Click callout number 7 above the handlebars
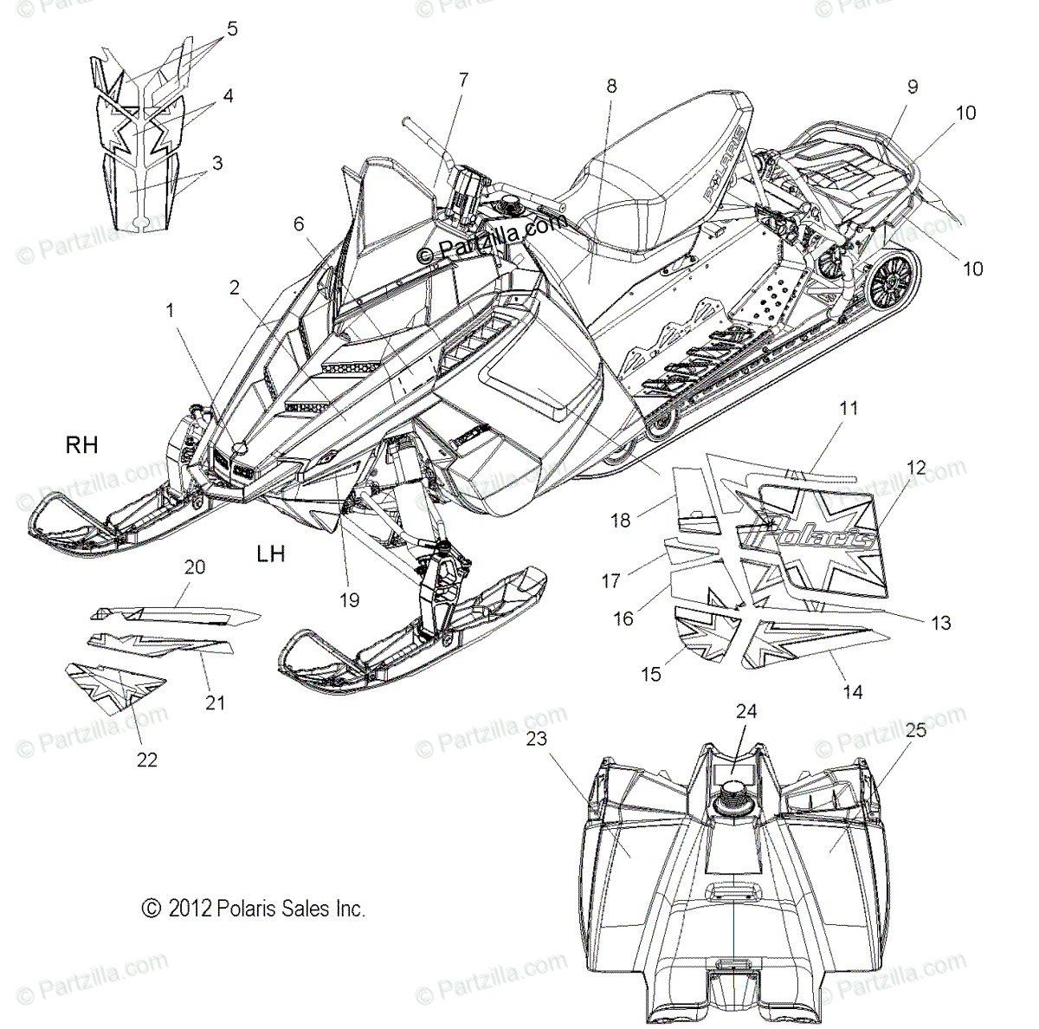coord(463,80)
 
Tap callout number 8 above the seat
coord(612,86)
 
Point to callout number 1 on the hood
coord(171,308)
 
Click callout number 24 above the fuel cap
coord(746,711)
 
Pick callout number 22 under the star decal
coord(147,760)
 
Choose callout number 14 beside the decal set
coord(853,692)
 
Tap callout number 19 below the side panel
coord(350,599)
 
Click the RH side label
coord(82,445)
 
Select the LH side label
coord(271,553)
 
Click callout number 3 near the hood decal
coord(216,163)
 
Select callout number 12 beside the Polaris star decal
coord(916,469)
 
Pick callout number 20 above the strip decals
coord(195,567)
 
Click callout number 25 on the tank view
coord(916,729)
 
